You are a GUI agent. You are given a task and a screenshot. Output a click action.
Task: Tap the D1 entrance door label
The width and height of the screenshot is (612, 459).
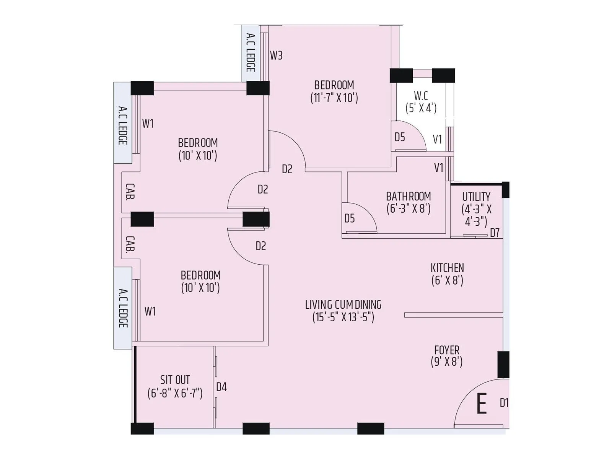click(504, 403)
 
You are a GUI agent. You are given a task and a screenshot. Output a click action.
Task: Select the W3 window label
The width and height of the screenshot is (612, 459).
click(276, 55)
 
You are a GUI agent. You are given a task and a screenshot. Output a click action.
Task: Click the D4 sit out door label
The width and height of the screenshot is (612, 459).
click(221, 387)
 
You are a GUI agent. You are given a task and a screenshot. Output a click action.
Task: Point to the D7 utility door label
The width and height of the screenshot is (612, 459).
click(495, 233)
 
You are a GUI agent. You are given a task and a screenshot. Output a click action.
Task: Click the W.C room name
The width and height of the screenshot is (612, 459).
click(421, 96)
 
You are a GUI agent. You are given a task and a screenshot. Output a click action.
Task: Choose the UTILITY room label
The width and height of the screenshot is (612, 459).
click(476, 197)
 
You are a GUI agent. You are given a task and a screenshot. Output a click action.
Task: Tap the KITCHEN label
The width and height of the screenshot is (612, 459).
click(447, 268)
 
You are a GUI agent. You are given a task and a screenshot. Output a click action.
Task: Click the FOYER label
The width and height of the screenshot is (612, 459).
click(447, 350)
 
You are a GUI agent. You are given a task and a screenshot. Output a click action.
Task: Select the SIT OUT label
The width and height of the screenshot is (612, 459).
click(175, 380)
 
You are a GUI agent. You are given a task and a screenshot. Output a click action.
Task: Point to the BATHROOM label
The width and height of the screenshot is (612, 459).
click(408, 197)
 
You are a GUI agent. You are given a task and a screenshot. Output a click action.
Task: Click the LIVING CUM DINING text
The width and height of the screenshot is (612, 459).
click(343, 305)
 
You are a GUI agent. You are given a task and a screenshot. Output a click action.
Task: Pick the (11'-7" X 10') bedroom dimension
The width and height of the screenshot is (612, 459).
click(334, 98)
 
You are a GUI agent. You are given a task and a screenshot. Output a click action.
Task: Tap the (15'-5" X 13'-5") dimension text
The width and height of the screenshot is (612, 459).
click(343, 317)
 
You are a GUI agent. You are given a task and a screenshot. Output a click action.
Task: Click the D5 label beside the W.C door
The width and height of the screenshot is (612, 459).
click(400, 137)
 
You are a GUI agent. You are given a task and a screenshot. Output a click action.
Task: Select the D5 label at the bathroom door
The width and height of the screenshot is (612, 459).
click(349, 218)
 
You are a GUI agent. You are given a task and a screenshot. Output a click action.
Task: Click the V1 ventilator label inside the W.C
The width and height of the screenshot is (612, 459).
click(437, 139)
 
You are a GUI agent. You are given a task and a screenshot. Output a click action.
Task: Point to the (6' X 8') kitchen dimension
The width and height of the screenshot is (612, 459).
click(447, 280)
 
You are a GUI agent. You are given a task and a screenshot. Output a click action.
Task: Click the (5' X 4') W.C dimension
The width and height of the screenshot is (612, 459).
click(421, 108)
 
